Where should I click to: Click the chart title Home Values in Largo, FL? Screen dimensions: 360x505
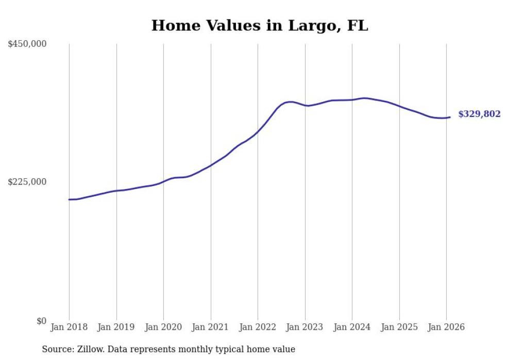tap(259, 25)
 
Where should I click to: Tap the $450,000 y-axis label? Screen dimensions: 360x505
tap(27, 44)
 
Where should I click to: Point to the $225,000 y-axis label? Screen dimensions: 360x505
tap(27, 182)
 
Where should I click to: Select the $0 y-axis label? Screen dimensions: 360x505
tap(41, 321)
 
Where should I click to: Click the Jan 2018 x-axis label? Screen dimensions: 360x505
tap(69, 327)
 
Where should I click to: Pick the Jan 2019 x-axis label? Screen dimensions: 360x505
tap(116, 327)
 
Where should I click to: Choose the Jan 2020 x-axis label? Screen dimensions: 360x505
tap(163, 327)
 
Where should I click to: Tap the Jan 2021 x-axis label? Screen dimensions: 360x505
tap(211, 327)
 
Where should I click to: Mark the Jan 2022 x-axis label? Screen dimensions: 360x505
tap(258, 327)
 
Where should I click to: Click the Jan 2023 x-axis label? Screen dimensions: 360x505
tap(305, 327)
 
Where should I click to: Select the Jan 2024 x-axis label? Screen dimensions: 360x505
tap(352, 327)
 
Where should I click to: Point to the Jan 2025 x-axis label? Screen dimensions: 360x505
tap(399, 327)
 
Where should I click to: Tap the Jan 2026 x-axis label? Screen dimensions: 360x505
tap(446, 327)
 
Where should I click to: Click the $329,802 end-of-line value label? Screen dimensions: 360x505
tap(479, 114)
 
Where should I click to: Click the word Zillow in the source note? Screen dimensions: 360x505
tap(88, 349)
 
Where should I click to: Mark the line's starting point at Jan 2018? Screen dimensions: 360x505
tap(69, 199)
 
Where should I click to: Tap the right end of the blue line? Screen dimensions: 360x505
tap(450, 117)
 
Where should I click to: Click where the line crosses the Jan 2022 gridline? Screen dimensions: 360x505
tap(258, 132)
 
